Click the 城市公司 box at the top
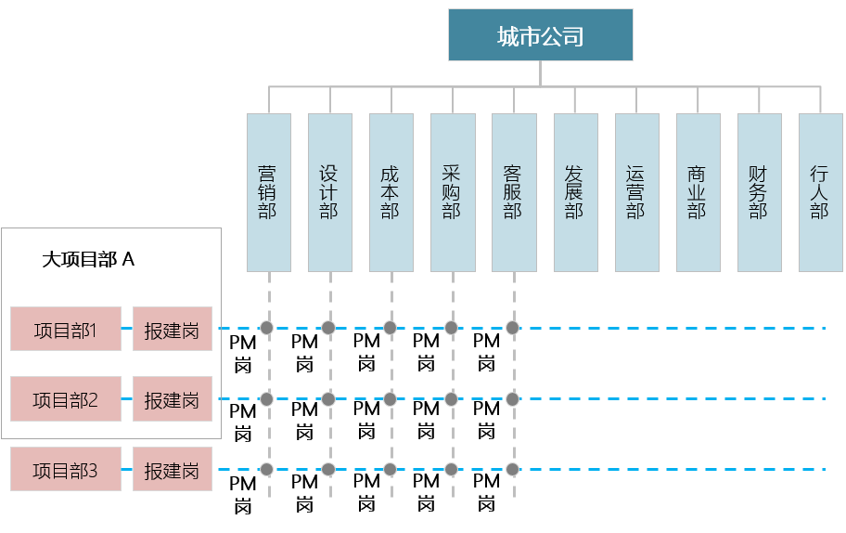[x=540, y=35]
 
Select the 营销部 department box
[x=268, y=192]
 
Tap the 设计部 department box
[x=329, y=192]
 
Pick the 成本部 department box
[x=391, y=192]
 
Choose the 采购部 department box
[x=452, y=192]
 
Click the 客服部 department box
[x=513, y=192]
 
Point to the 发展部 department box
[x=575, y=192]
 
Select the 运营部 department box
[x=636, y=192]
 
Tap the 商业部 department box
[x=698, y=192]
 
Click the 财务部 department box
[x=759, y=192]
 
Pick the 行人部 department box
[x=820, y=192]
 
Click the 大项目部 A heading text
[x=89, y=259]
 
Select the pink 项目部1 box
[x=66, y=329]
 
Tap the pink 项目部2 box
[x=66, y=399]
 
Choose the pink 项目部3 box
[x=66, y=469]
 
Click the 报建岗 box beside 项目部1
[x=173, y=329]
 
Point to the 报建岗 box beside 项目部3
[x=173, y=469]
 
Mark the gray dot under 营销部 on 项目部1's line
[x=267, y=327]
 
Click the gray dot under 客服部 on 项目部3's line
[x=512, y=468]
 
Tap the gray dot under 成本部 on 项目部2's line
[x=390, y=398]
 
